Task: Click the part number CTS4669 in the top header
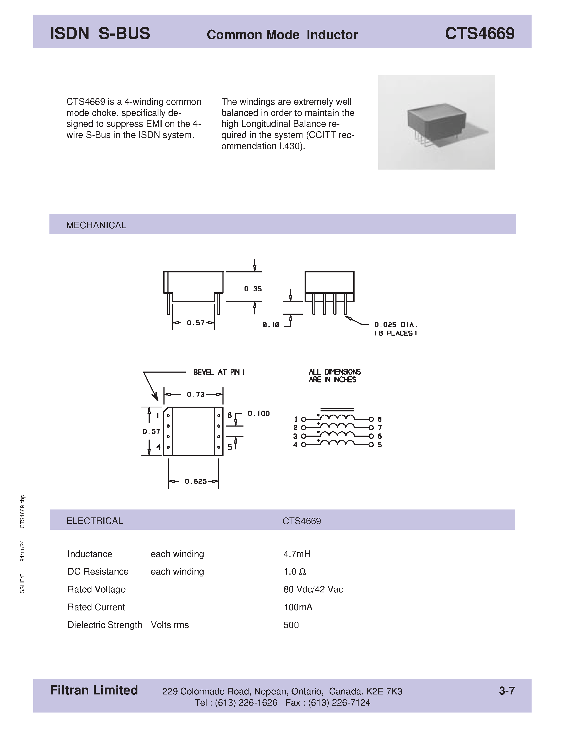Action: pyautogui.click(x=479, y=34)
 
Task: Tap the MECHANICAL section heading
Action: pyautogui.click(x=96, y=225)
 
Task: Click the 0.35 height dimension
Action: pyautogui.click(x=253, y=289)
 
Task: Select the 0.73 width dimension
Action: pyautogui.click(x=195, y=395)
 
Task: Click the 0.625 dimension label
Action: pyautogui.click(x=196, y=481)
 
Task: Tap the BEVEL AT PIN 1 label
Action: pyautogui.click(x=218, y=372)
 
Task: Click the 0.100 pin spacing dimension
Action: pyautogui.click(x=258, y=414)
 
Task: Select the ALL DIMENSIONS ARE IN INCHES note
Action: pyautogui.click(x=334, y=376)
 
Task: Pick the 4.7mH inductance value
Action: pyautogui.click(x=297, y=554)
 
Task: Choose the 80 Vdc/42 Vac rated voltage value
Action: pyautogui.click(x=313, y=589)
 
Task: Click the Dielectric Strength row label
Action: pyautogui.click(x=105, y=625)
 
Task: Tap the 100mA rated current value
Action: pyautogui.click(x=298, y=607)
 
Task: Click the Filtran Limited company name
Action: pyautogui.click(x=94, y=690)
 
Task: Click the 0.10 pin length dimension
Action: pyautogui.click(x=271, y=325)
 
